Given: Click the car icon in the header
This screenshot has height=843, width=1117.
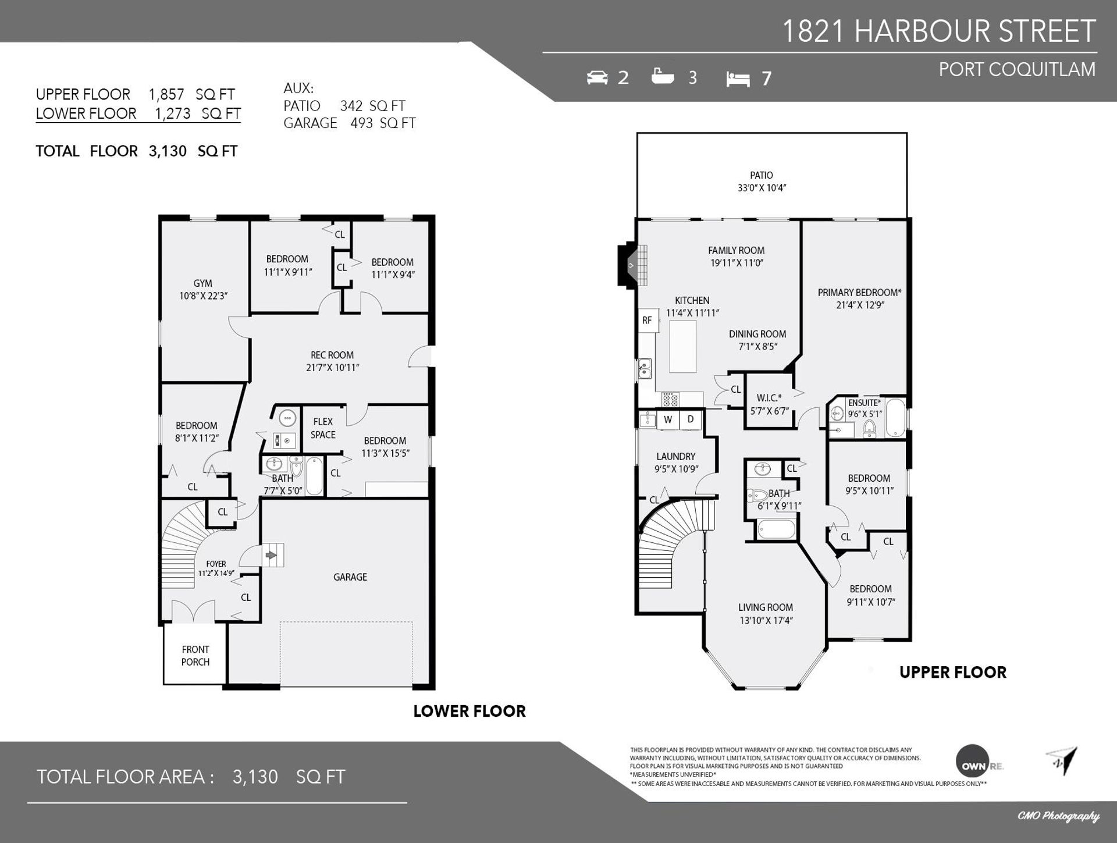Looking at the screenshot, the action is click(x=597, y=77).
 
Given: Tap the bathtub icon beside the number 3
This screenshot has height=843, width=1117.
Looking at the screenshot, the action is click(x=663, y=76).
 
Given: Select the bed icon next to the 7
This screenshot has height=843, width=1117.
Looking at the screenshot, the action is click(x=738, y=79).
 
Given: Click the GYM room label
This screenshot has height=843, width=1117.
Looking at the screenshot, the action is click(x=202, y=283).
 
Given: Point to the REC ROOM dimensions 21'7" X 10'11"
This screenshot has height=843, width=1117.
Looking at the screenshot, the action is click(x=332, y=368).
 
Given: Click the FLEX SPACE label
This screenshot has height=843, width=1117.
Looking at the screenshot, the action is click(x=323, y=428).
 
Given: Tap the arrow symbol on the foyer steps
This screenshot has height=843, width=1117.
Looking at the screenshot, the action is click(x=271, y=555).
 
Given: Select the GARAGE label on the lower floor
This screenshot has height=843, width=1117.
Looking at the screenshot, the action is click(x=350, y=577).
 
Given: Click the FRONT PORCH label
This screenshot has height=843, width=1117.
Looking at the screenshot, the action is click(x=195, y=656).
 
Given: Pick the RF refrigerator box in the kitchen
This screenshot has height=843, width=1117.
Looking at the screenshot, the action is click(x=648, y=321).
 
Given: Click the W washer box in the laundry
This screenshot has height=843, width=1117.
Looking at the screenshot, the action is click(x=668, y=419).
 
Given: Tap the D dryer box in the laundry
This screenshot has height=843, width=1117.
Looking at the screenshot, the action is click(x=691, y=419).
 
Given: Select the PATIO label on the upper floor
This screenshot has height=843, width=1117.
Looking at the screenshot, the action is click(x=762, y=175).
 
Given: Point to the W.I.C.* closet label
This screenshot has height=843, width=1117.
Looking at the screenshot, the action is click(x=769, y=398).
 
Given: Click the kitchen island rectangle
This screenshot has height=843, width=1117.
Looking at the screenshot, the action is click(x=682, y=347).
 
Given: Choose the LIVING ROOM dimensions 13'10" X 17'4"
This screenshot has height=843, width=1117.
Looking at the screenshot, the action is click(x=766, y=621).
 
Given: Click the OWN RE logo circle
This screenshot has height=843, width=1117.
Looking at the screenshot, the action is click(x=972, y=761).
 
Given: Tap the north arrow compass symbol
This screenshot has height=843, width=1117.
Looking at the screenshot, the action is click(x=1062, y=761).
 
